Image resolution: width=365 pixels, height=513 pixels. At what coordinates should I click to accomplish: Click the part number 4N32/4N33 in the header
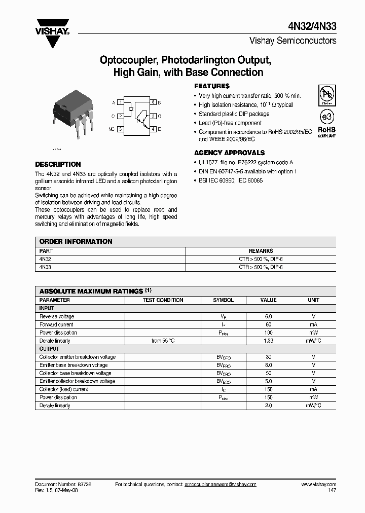pyautogui.click(x=314, y=27)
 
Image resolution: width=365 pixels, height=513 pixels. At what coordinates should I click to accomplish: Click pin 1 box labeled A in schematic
pyautogui.click(x=121, y=102)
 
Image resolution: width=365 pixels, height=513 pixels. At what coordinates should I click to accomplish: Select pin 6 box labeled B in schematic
pyautogui.click(x=153, y=102)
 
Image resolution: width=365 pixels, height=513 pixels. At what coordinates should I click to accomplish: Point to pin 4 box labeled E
pyautogui.click(x=153, y=129)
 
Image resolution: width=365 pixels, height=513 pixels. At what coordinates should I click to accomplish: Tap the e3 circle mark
pyautogui.click(x=326, y=116)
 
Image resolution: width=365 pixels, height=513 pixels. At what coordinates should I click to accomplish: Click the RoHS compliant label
pyautogui.click(x=326, y=132)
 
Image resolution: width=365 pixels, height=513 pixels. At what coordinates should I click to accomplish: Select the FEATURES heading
pyautogui.click(x=212, y=86)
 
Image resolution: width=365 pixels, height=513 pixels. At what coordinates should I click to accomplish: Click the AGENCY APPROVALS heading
pyautogui.click(x=229, y=153)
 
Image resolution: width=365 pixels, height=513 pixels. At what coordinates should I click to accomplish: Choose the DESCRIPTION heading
pyautogui.click(x=58, y=164)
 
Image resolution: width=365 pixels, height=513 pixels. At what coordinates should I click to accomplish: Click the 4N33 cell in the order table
pyautogui.click(x=45, y=267)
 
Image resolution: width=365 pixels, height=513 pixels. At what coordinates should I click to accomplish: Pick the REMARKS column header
pyautogui.click(x=261, y=251)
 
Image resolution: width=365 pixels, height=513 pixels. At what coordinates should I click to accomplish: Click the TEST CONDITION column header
pyautogui.click(x=163, y=300)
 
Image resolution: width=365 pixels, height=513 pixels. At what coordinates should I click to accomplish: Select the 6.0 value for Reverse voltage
pyautogui.click(x=268, y=316)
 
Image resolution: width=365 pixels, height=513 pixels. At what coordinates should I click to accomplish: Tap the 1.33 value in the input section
pyautogui.click(x=268, y=341)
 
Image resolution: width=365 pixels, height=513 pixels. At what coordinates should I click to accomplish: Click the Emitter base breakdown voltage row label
pyautogui.click(x=74, y=365)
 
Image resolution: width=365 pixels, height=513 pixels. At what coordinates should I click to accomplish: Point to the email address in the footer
pyautogui.click(x=220, y=485)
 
